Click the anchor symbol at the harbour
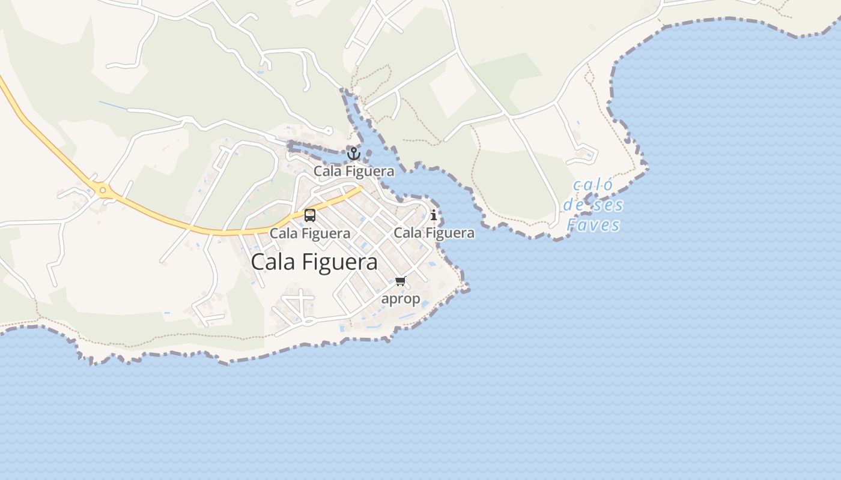click(x=354, y=154)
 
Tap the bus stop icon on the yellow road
click(x=310, y=215)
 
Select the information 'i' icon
click(x=434, y=215)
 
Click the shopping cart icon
click(x=401, y=281)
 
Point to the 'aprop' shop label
click(x=401, y=298)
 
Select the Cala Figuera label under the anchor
click(x=354, y=171)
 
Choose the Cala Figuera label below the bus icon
click(x=310, y=233)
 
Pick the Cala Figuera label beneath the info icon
click(x=434, y=233)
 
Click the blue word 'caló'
click(x=593, y=185)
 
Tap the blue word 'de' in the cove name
click(x=573, y=205)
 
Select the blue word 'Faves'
click(x=594, y=225)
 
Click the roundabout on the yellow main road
click(x=103, y=191)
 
